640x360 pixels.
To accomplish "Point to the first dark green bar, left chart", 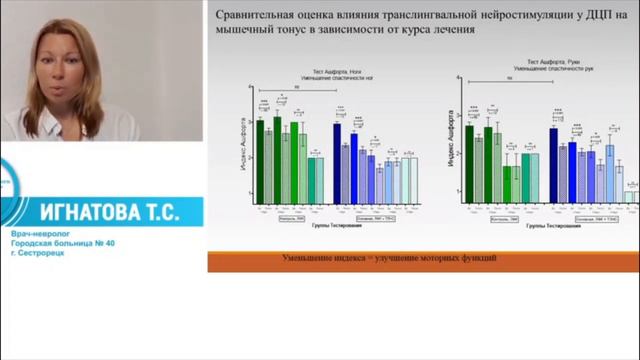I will [260, 155].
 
